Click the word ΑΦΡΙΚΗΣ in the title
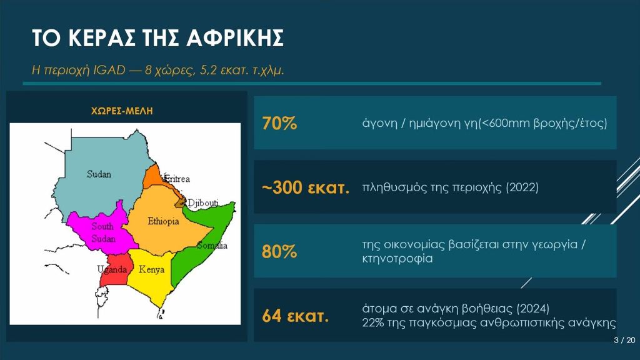click(235, 38)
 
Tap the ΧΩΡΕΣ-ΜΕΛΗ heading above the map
click(122, 111)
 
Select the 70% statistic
click(279, 123)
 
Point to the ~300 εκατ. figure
click(306, 187)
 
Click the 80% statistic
click(279, 251)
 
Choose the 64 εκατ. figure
click(296, 316)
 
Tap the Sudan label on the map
click(99, 174)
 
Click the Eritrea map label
click(177, 178)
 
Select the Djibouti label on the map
click(203, 203)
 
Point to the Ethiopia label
click(163, 221)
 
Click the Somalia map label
click(212, 245)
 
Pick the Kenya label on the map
click(151, 269)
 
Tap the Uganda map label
click(112, 269)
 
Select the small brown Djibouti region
click(180, 203)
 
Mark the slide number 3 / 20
click(624, 340)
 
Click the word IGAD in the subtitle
click(109, 70)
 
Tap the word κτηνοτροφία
click(397, 258)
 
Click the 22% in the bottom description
click(372, 323)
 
